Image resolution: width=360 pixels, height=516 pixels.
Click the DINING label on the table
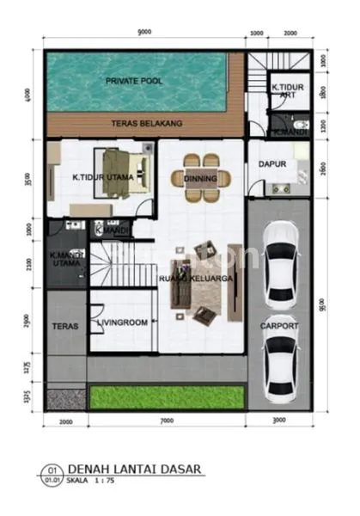coord(201,178)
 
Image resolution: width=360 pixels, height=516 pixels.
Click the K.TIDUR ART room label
coord(286,91)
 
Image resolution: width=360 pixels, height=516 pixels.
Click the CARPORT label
coord(279,327)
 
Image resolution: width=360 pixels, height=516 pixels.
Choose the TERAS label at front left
coord(65,327)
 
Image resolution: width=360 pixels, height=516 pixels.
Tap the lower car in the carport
coord(279,364)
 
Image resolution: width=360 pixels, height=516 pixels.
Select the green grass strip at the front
coord(163,396)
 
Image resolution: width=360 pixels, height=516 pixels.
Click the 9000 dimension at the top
coord(143,32)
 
